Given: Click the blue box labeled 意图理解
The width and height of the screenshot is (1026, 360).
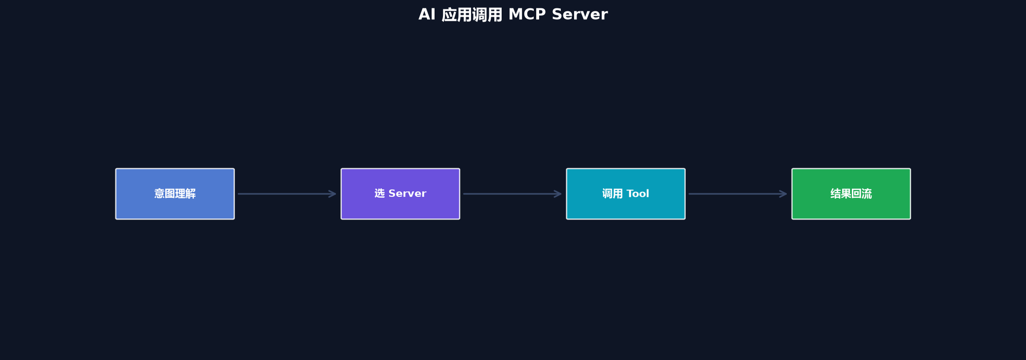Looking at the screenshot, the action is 175,194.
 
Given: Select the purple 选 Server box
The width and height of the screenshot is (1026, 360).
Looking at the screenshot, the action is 401,194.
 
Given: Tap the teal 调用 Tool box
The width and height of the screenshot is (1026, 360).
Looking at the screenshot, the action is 626,194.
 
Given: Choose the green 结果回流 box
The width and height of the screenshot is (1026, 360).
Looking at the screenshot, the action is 851,194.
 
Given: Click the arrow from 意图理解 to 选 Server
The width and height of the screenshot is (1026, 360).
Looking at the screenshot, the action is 287,194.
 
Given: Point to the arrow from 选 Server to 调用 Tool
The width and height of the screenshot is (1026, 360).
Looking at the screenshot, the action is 513,194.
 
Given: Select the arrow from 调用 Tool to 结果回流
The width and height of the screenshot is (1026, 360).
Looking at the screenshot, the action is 738,194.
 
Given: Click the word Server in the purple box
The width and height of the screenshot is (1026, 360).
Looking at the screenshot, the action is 407,194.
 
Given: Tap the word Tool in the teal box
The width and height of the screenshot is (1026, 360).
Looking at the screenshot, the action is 638,194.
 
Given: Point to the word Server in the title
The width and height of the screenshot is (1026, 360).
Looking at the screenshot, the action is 580,14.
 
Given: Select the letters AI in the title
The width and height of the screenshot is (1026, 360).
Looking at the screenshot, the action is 427,14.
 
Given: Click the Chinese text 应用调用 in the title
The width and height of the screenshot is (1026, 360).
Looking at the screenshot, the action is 472,15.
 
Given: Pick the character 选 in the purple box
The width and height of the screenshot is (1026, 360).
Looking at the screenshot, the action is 379,193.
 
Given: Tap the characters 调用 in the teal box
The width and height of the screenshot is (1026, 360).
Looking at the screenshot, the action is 613,194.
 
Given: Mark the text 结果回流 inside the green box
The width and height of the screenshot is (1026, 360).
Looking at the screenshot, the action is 851,194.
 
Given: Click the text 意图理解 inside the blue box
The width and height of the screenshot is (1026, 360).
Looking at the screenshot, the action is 175,194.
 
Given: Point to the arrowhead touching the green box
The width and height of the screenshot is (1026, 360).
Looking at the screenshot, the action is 783,194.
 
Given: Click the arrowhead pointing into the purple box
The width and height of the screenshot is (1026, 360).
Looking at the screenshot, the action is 332,194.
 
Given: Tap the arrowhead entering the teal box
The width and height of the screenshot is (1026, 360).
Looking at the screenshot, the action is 558,194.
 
